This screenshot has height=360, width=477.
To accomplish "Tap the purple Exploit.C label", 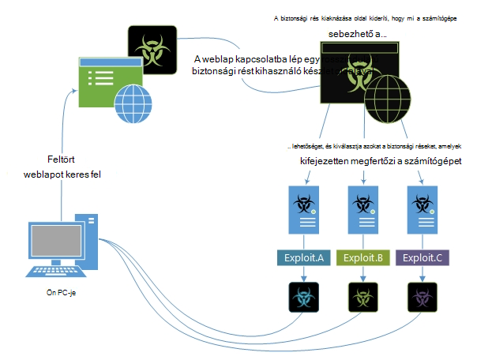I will [423, 258].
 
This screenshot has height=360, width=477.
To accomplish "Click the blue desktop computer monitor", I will [62, 241].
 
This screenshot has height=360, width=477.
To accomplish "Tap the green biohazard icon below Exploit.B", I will [364, 299].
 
